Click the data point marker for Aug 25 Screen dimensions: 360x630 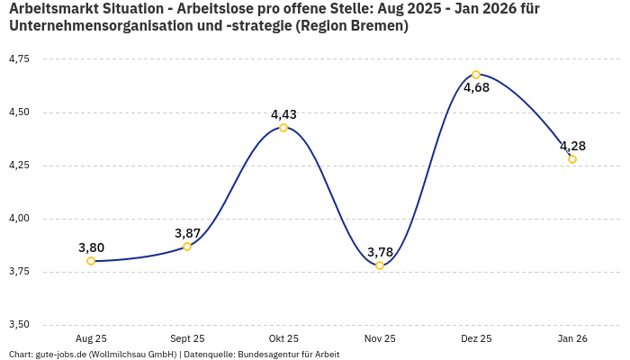(x=91, y=261)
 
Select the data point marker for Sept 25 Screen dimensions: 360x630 (x=187, y=247)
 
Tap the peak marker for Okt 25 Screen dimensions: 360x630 (x=283, y=128)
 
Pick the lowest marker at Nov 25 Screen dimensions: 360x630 (x=380, y=265)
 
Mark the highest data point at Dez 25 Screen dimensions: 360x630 (x=476, y=75)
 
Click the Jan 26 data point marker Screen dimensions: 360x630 (x=572, y=159)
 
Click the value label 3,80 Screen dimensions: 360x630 (x=91, y=247)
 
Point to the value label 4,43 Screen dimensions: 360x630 (x=283, y=114)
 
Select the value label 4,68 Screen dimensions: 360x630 (x=476, y=88)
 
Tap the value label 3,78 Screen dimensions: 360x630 (x=380, y=252)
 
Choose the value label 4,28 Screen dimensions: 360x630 (x=572, y=146)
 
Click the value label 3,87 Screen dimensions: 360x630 (x=187, y=233)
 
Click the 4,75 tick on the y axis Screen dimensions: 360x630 (x=18, y=59)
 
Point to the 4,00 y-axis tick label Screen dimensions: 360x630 (x=18, y=219)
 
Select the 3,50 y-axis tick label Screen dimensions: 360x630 (x=18, y=325)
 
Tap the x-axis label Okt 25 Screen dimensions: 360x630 (x=283, y=338)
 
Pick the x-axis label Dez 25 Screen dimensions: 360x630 (x=476, y=338)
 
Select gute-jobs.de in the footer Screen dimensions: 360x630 (x=60, y=355)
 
